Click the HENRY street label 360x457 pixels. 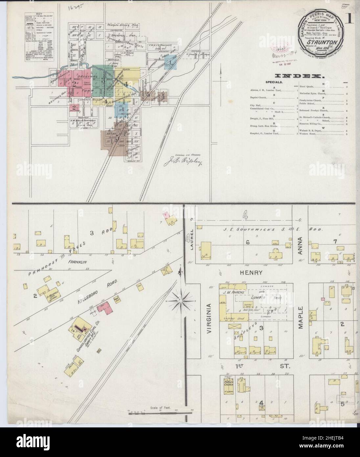[x=251, y=273]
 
